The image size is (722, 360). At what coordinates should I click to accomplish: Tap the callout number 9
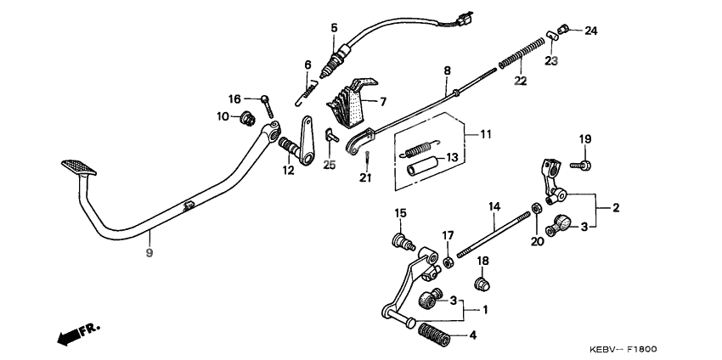pyautogui.click(x=149, y=253)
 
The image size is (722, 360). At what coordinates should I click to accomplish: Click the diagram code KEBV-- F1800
pyautogui.click(x=623, y=349)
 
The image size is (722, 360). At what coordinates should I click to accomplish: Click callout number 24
pyautogui.click(x=590, y=31)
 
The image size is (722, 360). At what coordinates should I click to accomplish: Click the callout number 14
pyautogui.click(x=493, y=205)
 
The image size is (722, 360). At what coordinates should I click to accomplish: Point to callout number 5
pyautogui.click(x=333, y=27)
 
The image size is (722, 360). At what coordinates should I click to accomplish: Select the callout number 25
pyautogui.click(x=330, y=165)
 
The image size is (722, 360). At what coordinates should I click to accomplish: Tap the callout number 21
pyautogui.click(x=365, y=177)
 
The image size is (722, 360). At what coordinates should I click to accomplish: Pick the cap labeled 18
pyautogui.click(x=482, y=281)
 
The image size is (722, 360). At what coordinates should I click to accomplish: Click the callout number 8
pyautogui.click(x=448, y=70)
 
